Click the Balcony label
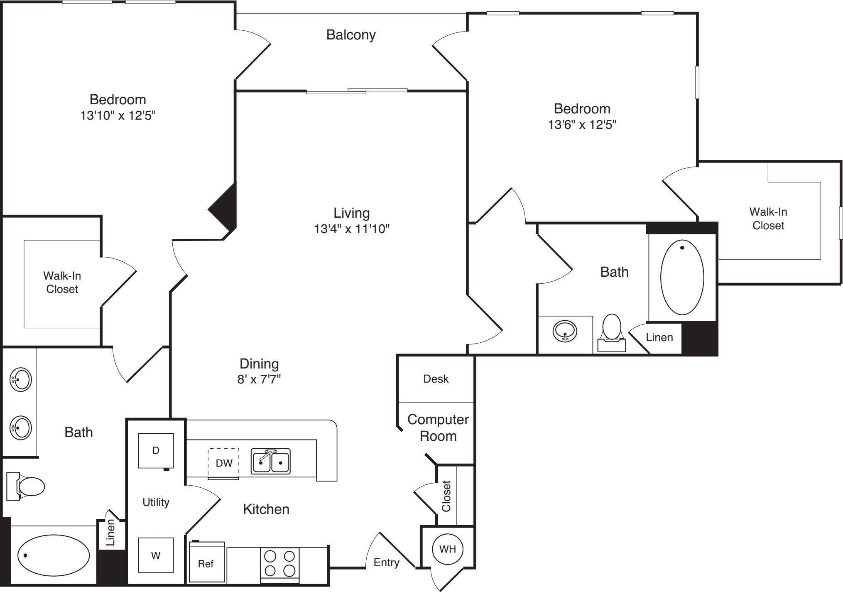pyautogui.click(x=351, y=35)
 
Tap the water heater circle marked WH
pyautogui.click(x=447, y=549)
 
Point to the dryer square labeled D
pyautogui.click(x=156, y=451)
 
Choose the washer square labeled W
pyautogui.click(x=156, y=555)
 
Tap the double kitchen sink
pyautogui.click(x=270, y=461)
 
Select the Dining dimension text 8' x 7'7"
pyautogui.click(x=259, y=379)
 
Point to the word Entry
pyautogui.click(x=386, y=563)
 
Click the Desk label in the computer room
pyautogui.click(x=436, y=379)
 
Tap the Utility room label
pyautogui.click(x=156, y=502)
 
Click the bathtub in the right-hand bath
pyautogui.click(x=682, y=277)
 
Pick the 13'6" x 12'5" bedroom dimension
pyautogui.click(x=582, y=125)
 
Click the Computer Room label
pyautogui.click(x=438, y=428)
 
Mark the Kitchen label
pyautogui.click(x=266, y=509)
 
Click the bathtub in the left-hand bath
pyautogui.click(x=54, y=555)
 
